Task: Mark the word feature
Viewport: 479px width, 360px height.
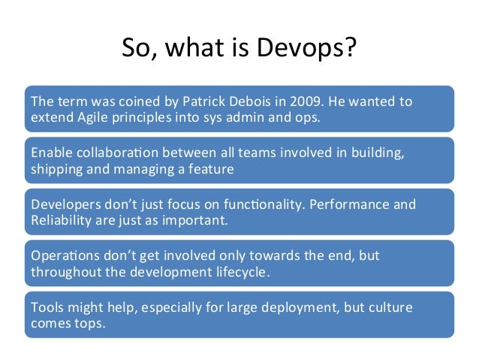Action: click(x=209, y=168)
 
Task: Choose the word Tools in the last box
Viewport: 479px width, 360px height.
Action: click(x=46, y=307)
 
